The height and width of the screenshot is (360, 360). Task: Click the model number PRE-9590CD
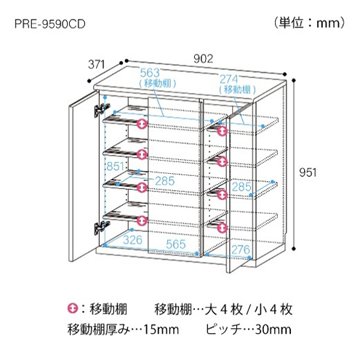(50, 24)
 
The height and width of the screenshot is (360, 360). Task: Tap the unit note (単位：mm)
(310, 23)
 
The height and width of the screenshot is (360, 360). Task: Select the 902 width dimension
(203, 59)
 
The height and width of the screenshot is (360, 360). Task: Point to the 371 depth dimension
(96, 65)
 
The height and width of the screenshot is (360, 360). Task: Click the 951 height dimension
(308, 172)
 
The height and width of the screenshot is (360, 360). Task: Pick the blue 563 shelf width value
(150, 73)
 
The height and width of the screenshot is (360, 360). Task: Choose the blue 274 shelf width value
(229, 79)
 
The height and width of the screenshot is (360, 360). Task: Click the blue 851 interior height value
(116, 167)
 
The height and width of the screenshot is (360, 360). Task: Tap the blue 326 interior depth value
(132, 240)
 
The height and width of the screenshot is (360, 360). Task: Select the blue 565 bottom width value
(176, 244)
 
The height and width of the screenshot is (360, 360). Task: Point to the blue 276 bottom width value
(241, 249)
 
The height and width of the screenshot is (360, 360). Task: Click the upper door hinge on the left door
(102, 110)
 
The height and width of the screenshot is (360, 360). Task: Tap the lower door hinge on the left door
(102, 228)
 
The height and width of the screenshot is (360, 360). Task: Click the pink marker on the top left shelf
(142, 124)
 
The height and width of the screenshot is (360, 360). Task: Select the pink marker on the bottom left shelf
(142, 220)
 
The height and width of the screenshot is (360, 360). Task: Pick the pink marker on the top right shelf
(222, 131)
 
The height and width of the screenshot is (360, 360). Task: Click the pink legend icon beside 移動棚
(73, 308)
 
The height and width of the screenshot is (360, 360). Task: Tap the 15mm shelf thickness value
(161, 329)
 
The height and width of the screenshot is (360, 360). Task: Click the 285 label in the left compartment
(165, 181)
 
